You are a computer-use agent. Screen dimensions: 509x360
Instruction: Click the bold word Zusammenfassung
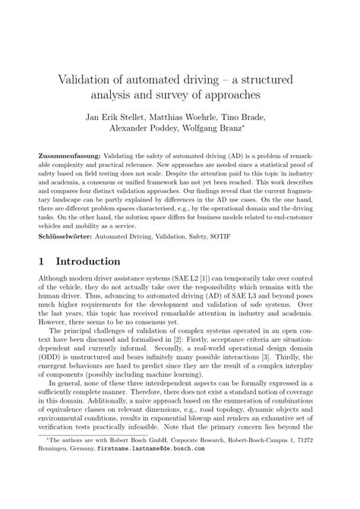pyautogui.click(x=64, y=154)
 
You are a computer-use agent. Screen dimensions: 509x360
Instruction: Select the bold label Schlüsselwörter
pyautogui.click(x=63, y=236)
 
